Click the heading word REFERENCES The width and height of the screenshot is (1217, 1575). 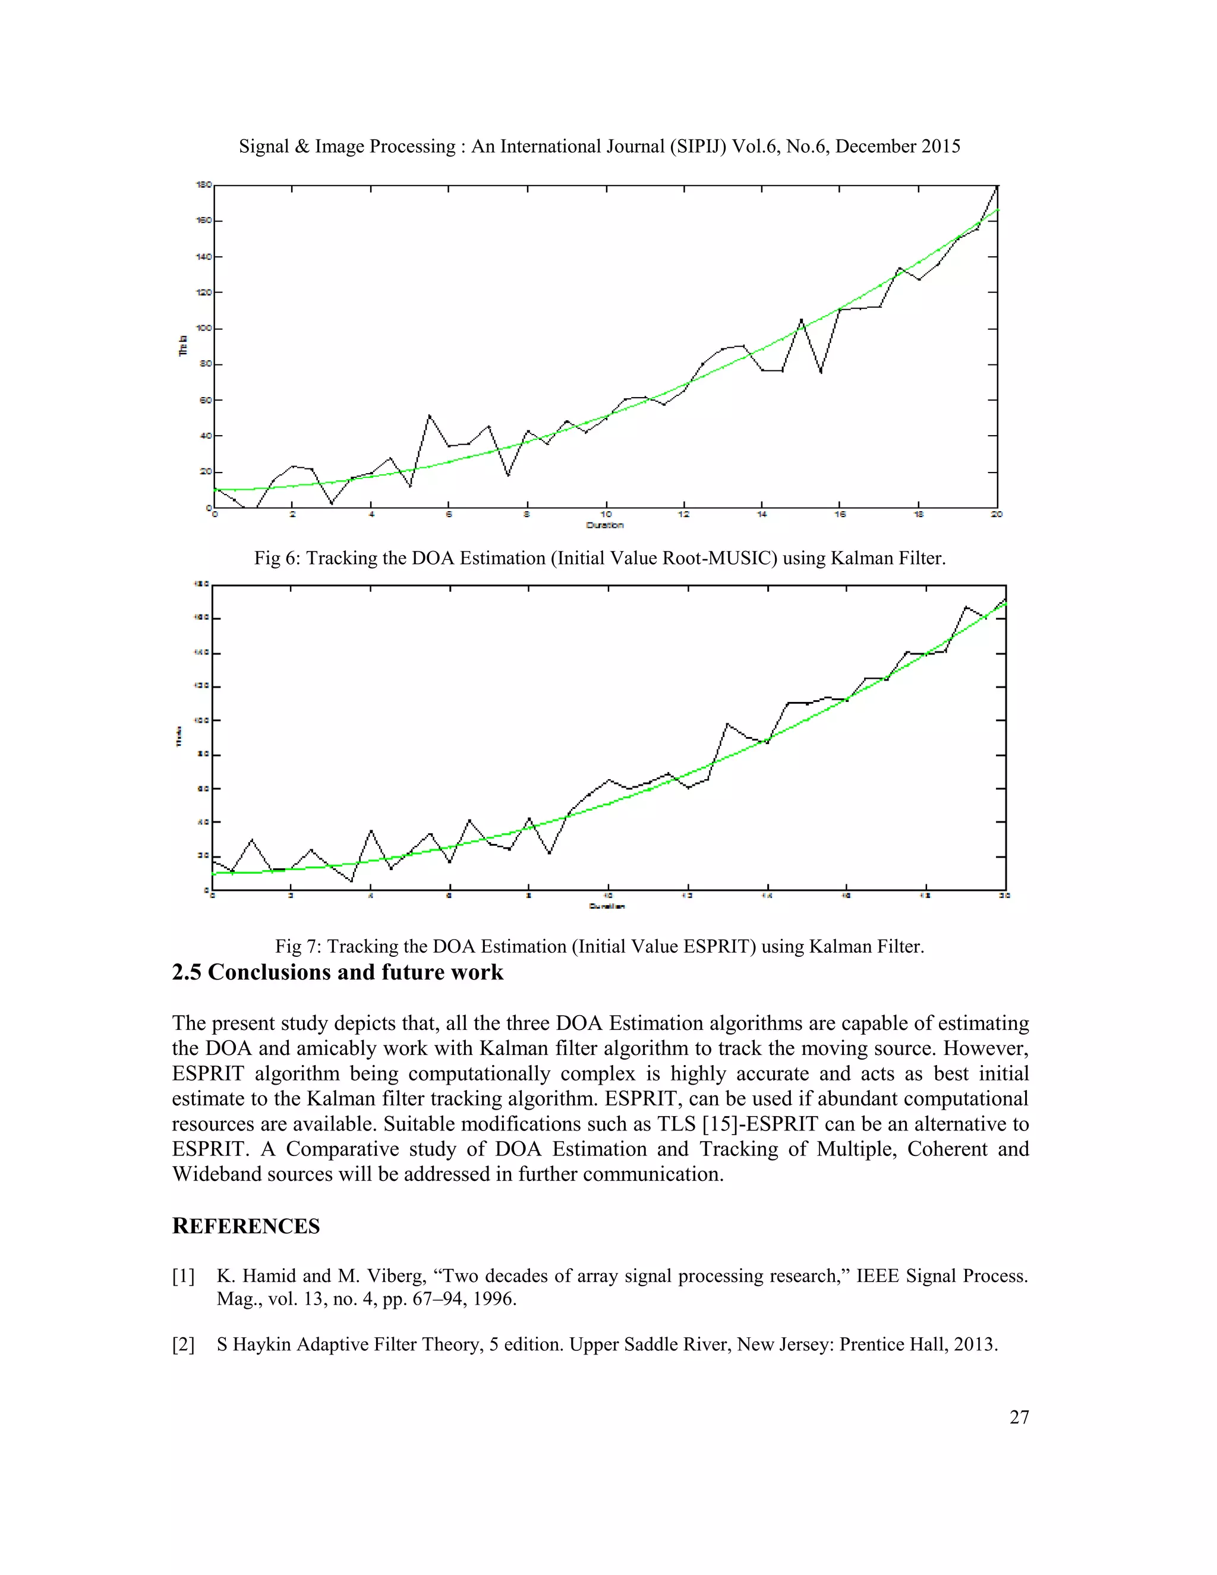point(245,1227)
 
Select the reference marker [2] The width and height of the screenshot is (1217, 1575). point(183,1344)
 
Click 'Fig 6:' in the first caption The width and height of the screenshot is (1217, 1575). point(278,558)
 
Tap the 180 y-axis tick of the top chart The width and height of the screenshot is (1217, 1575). point(203,185)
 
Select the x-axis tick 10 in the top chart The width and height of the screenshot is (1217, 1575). point(606,515)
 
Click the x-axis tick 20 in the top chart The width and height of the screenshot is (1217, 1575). point(997,515)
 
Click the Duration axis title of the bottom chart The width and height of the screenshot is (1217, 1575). point(607,906)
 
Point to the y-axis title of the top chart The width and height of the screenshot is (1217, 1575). point(183,345)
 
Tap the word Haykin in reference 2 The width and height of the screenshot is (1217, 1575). point(261,1344)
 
